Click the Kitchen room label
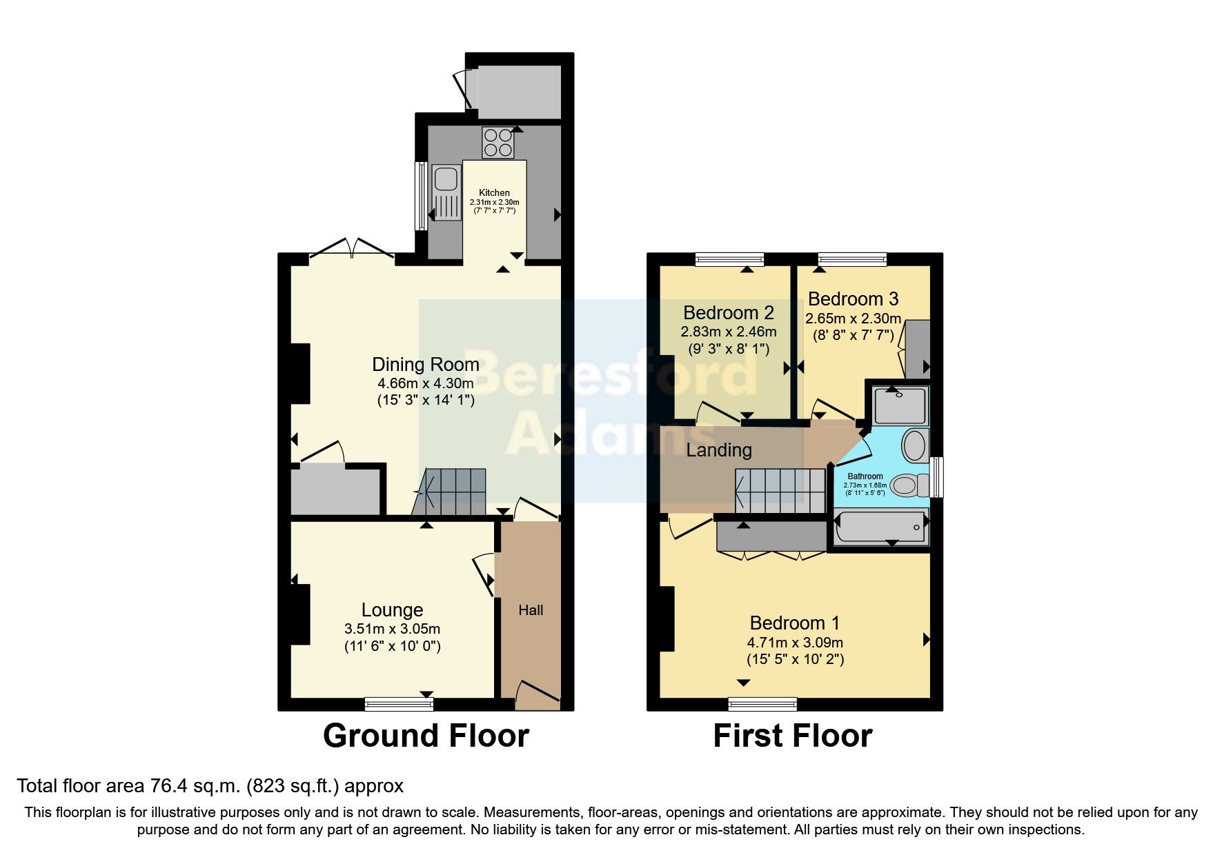pos(494,193)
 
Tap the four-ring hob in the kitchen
pos(497,143)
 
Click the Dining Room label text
pos(425,365)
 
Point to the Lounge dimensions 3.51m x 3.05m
pos(392,629)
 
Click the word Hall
pos(531,610)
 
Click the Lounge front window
pos(399,704)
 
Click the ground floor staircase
pos(452,491)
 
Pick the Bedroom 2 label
pos(728,312)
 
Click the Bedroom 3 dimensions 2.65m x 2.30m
pos(853,319)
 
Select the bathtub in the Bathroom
pos(880,529)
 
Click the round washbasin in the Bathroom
pos(915,446)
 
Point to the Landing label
pos(718,450)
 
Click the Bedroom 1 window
pos(762,704)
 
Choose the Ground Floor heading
pos(426,736)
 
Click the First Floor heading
pos(792,736)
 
